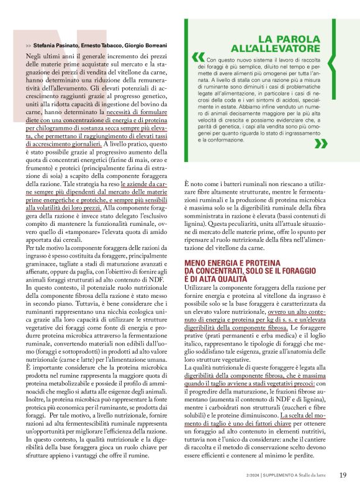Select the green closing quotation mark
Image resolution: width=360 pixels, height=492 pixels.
321,144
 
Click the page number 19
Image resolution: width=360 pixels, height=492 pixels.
343,475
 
